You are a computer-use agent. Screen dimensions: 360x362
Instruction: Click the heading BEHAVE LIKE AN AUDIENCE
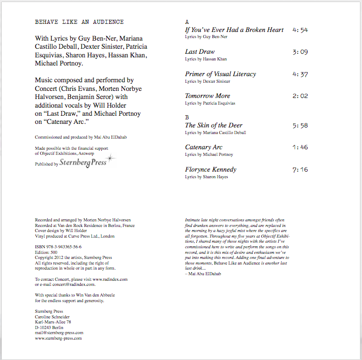(x=79, y=22)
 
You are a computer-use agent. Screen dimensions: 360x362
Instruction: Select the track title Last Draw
(x=200, y=52)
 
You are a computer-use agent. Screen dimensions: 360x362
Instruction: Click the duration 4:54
(x=300, y=30)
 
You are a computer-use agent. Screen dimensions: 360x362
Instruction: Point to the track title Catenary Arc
(x=204, y=147)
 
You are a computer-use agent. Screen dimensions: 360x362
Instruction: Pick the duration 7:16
(x=300, y=170)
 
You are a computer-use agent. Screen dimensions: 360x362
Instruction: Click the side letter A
(x=187, y=22)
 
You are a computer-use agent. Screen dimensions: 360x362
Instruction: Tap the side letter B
(x=187, y=118)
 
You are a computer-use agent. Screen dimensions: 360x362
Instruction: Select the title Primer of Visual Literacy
(x=221, y=74)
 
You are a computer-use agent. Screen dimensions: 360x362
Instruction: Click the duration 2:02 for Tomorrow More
(x=300, y=96)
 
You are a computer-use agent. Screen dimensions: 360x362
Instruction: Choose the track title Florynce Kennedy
(x=210, y=170)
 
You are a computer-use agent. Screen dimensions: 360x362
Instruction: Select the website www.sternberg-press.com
(x=58, y=338)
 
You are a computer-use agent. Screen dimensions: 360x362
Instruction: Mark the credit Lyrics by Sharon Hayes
(x=206, y=177)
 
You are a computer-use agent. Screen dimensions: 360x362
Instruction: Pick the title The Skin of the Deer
(x=214, y=125)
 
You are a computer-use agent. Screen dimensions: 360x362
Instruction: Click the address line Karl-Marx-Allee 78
(x=53, y=322)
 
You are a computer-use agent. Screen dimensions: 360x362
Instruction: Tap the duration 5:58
(x=300, y=125)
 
